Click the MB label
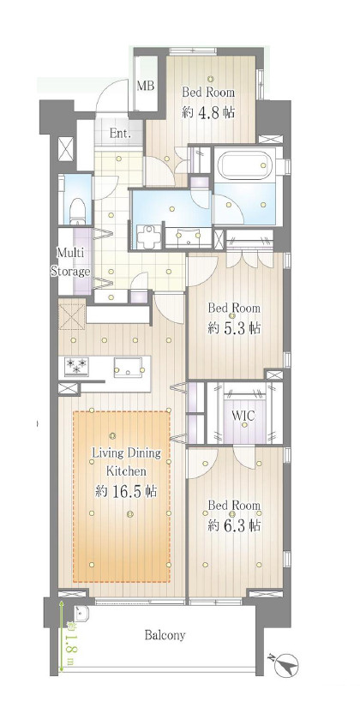(x=145, y=87)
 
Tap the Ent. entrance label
(x=120, y=134)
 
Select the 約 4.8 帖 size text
(x=208, y=112)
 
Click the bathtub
(x=246, y=165)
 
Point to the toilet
(x=77, y=211)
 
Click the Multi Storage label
(x=70, y=261)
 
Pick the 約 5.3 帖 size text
(x=234, y=328)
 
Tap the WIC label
(x=243, y=416)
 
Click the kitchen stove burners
(x=76, y=366)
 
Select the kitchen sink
(x=129, y=367)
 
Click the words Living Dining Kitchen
(x=127, y=461)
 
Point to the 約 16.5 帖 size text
(x=126, y=491)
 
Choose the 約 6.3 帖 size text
(x=234, y=525)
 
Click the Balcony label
(x=165, y=635)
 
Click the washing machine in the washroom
(x=149, y=236)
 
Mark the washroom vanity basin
(x=189, y=236)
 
